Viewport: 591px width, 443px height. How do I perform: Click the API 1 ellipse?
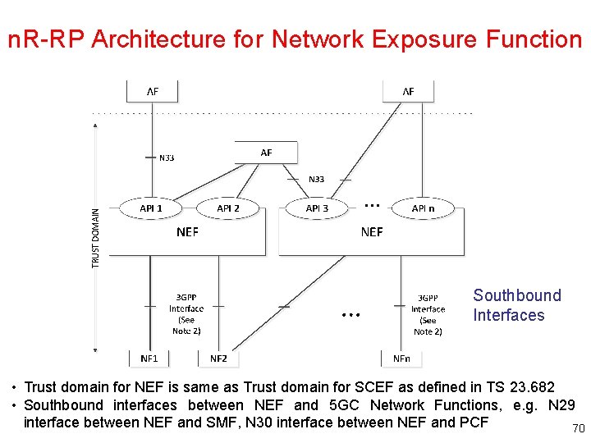[x=151, y=208]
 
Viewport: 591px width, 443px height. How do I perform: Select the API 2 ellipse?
[x=228, y=208]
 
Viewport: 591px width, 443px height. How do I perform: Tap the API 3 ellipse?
[x=317, y=208]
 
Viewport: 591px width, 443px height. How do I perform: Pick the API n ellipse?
[x=424, y=208]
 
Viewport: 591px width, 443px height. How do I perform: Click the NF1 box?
[x=149, y=358]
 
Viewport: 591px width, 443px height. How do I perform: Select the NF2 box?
[x=218, y=358]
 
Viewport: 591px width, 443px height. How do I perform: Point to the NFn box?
[x=401, y=358]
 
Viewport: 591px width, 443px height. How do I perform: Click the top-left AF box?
[x=153, y=91]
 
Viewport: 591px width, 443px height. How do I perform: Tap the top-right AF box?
[x=408, y=91]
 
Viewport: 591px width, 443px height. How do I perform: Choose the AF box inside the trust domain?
[x=266, y=153]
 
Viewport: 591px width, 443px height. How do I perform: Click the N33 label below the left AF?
[x=167, y=158]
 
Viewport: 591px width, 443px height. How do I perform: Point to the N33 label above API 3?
[x=316, y=179]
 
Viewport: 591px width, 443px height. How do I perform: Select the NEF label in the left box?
[x=187, y=232]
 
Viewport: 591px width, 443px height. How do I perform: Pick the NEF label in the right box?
[x=372, y=232]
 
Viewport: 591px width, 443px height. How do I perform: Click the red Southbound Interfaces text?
[x=516, y=305]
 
